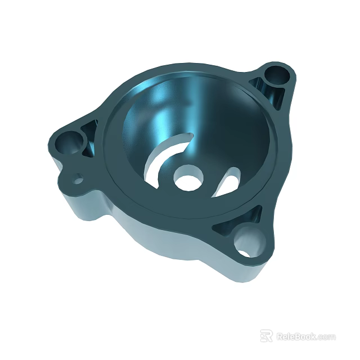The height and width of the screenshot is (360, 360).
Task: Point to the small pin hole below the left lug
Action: [x=78, y=180]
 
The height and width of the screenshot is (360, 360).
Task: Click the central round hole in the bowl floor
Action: [x=186, y=179]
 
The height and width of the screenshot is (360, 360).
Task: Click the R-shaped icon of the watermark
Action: [x=266, y=336]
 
